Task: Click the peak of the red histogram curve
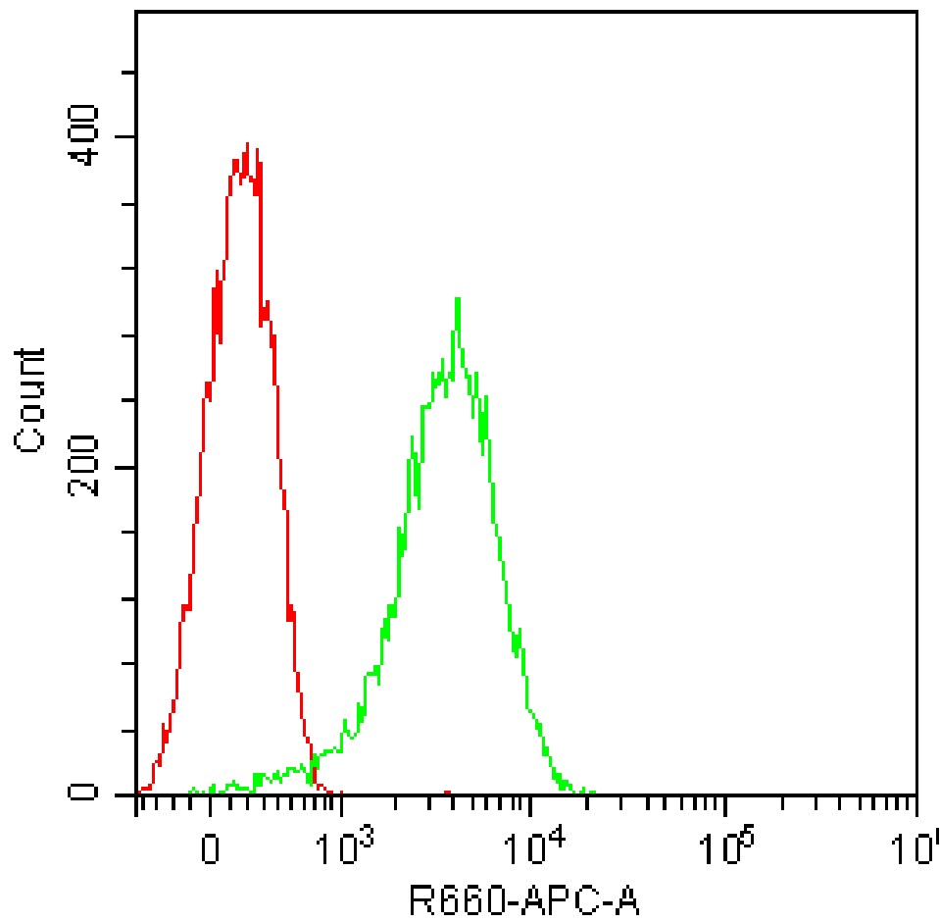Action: [248, 144]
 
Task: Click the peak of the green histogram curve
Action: [457, 298]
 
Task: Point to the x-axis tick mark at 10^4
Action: [531, 806]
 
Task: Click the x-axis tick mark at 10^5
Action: [723, 806]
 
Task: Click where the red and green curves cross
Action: [313, 762]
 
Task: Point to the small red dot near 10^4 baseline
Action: [446, 792]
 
